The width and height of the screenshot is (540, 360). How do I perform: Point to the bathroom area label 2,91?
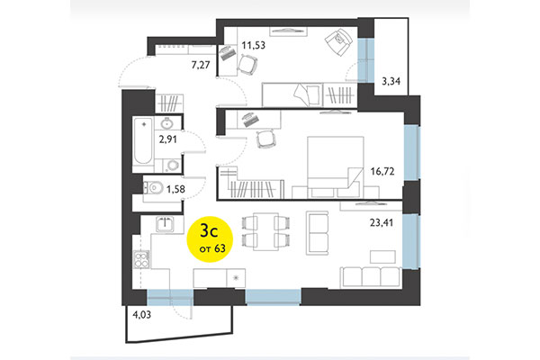point(169,140)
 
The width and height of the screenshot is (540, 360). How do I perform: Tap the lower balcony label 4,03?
point(142,315)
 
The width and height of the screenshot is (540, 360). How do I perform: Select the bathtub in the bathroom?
point(142,142)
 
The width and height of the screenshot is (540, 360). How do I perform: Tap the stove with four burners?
point(142,259)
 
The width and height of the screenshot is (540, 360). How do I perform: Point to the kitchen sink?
point(164,222)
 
